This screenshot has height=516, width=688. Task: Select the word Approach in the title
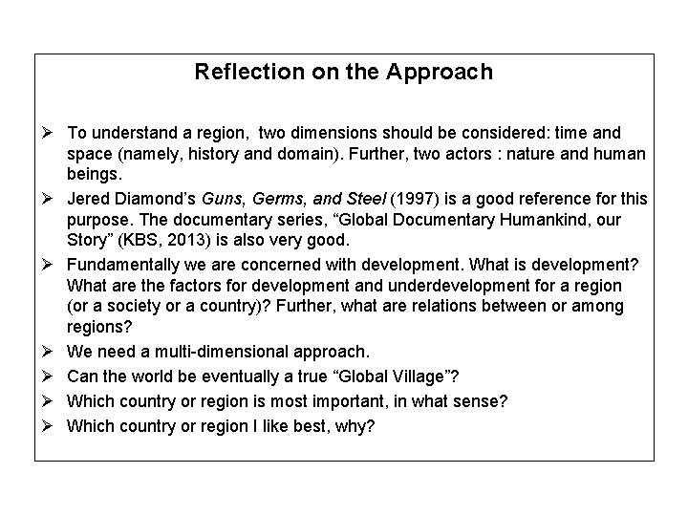click(447, 72)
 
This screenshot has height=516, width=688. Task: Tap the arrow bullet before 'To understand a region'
click(48, 133)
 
